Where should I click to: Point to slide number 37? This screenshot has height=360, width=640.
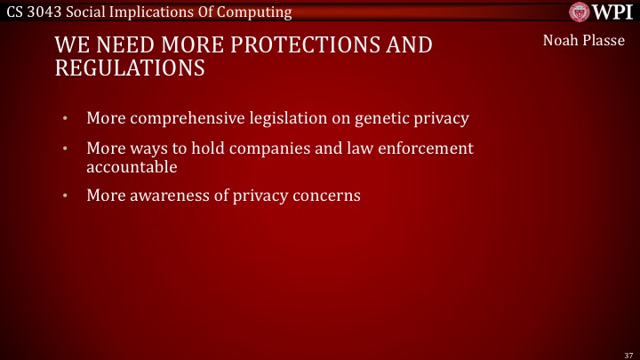627,354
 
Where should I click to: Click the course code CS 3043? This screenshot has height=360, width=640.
35,12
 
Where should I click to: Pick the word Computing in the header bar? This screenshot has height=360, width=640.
260,12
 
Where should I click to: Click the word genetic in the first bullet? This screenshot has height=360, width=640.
383,117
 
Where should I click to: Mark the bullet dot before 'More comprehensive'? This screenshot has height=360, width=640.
64,118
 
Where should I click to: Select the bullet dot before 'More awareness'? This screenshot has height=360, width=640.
64,196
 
